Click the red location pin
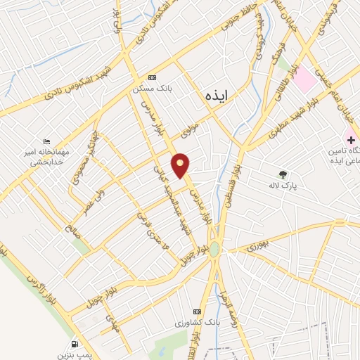[181, 165]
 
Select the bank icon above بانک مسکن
[152, 78]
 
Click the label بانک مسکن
[153, 89]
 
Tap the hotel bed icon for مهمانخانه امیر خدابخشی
[46, 142]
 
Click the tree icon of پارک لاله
[283, 174]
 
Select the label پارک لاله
[284, 187]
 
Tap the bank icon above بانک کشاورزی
[197, 312]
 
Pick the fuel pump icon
[75, 345]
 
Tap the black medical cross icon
[349, 139]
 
